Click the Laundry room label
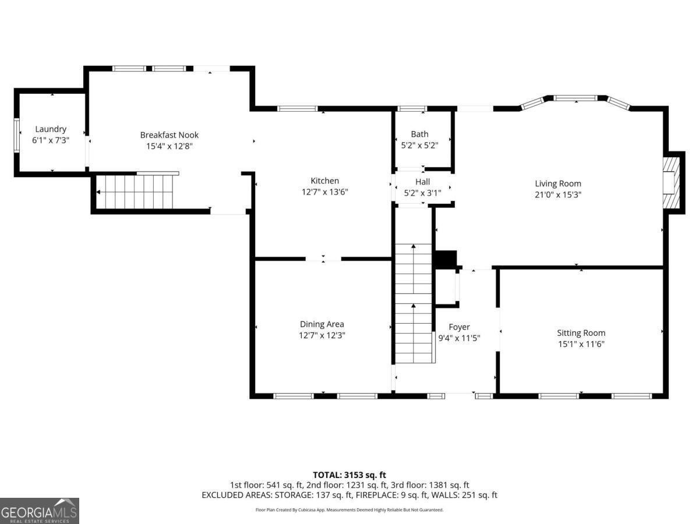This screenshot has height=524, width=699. pos(51,129)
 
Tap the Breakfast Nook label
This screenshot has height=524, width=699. pos(169,135)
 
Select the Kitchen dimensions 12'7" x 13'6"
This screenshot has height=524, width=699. pos(324,192)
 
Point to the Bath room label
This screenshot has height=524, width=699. pos(419,134)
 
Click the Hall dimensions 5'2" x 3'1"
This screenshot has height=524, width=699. pos(422,193)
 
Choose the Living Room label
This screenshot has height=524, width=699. pos(558,184)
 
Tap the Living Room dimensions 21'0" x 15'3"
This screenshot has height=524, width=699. pos(558,194)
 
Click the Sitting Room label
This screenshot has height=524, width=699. pos(581,333)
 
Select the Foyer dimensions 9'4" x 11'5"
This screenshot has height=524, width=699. pos(459,338)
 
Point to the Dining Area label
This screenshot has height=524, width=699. pos(322,324)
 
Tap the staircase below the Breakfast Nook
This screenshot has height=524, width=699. pos(136,192)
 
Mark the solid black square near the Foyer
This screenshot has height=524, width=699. pos(447,259)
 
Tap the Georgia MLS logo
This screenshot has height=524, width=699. pos(39,511)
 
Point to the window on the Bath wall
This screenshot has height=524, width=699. pos(412,108)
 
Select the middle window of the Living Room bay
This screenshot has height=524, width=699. pos(575,98)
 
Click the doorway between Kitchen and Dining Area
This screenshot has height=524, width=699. pos(323,259)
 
